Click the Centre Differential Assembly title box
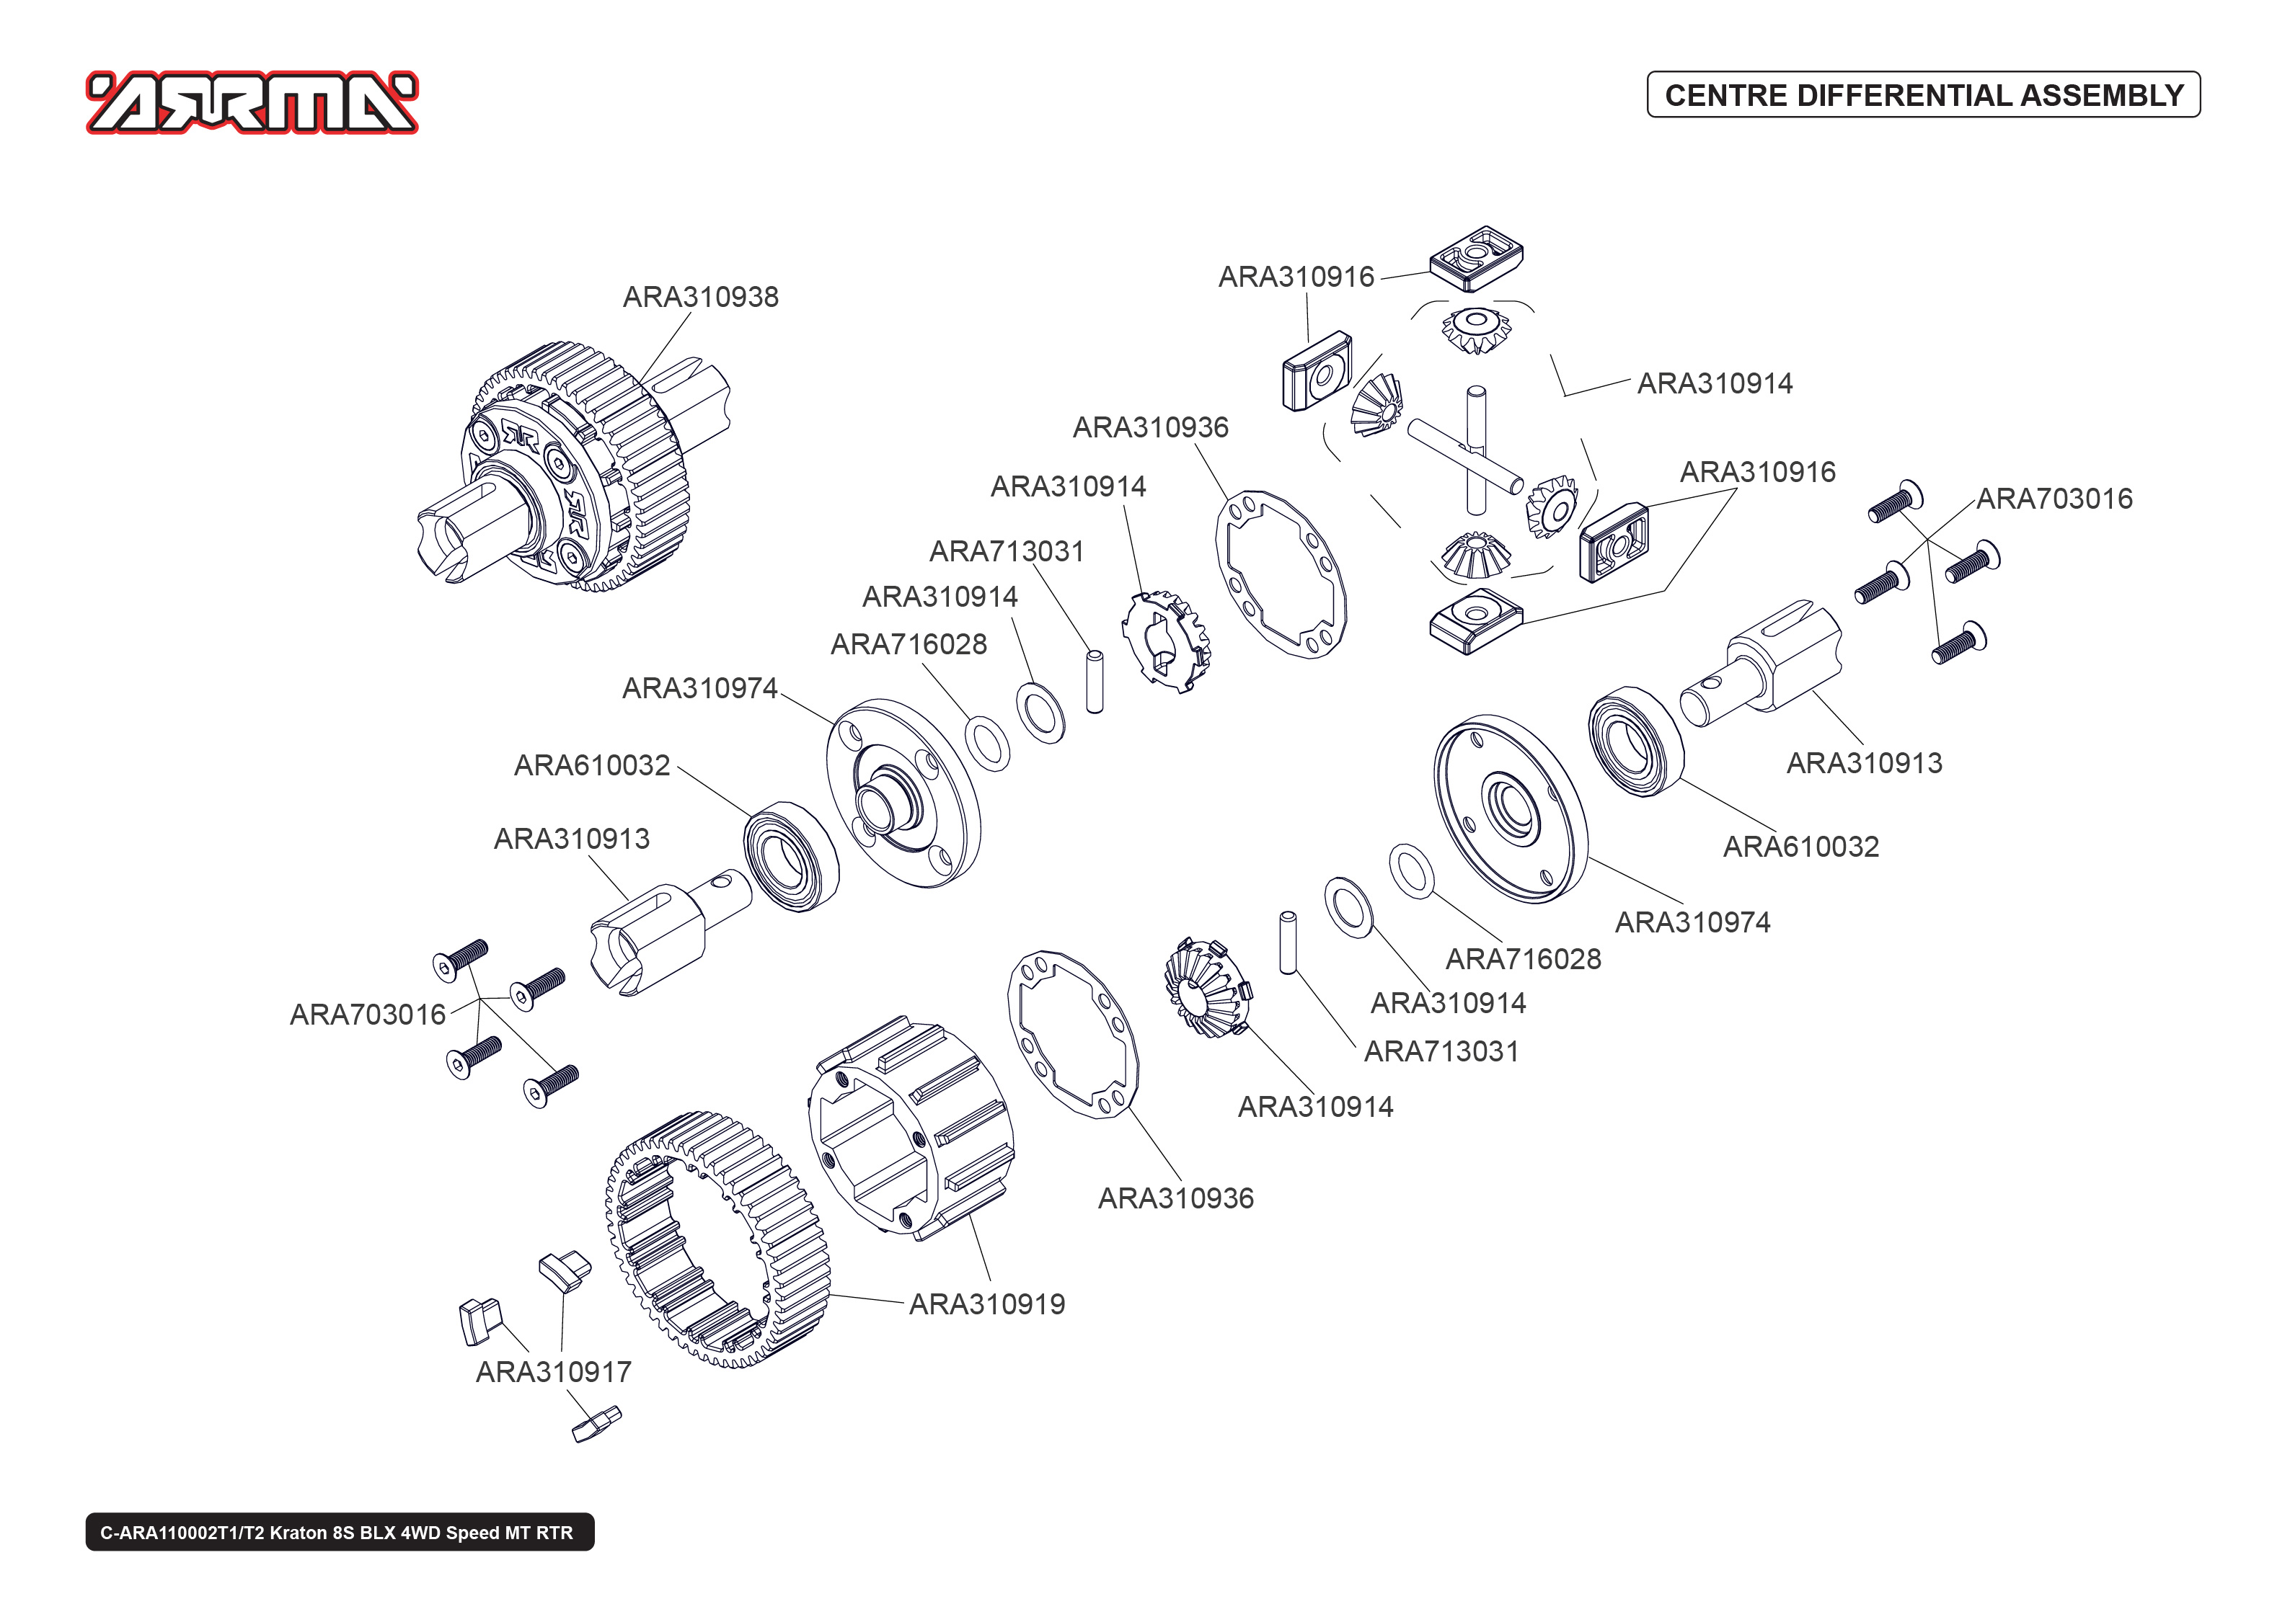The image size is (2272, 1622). (1922, 95)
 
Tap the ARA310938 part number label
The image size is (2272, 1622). (700, 297)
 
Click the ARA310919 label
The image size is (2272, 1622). (986, 1304)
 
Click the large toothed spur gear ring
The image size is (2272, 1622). (717, 1239)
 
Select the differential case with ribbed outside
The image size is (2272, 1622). (911, 1128)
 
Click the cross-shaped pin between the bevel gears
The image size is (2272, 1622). (1469, 455)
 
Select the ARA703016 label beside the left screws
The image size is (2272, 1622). (368, 1015)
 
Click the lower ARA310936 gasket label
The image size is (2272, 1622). (1175, 1198)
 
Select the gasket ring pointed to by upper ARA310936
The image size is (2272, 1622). (1281, 574)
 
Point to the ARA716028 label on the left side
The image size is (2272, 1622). (909, 644)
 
